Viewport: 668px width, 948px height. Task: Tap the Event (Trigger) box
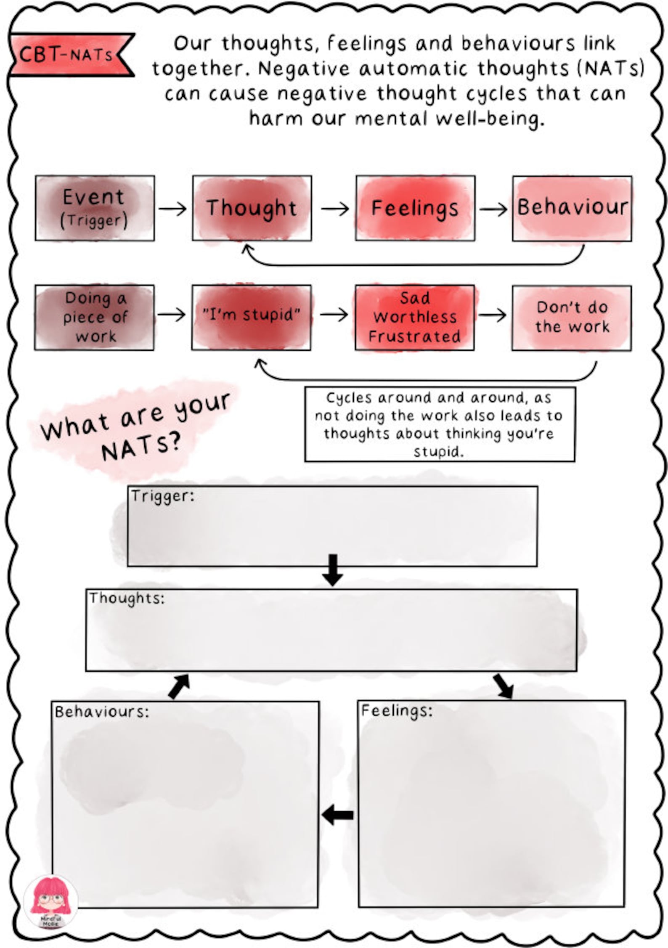tap(95, 208)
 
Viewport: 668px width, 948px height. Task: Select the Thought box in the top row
tap(252, 208)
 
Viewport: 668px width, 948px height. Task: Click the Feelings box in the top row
tap(415, 208)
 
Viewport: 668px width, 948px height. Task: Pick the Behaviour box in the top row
tap(572, 208)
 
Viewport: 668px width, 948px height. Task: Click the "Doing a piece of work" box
tap(94, 318)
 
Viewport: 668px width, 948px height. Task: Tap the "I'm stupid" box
tap(251, 318)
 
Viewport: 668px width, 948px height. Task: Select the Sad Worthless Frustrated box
tap(414, 318)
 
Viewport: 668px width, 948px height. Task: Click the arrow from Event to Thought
tap(173, 209)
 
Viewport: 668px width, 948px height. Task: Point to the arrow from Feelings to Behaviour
tap(493, 209)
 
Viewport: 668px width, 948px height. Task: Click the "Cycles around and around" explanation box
tap(440, 424)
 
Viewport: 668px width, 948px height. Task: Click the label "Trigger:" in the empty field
tap(162, 496)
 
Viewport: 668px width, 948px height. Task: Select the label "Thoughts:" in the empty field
tap(126, 598)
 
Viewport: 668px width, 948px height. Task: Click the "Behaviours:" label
tap(102, 712)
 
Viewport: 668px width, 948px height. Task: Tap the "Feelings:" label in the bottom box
tap(397, 710)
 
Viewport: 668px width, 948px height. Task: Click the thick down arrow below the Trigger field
tap(332, 570)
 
